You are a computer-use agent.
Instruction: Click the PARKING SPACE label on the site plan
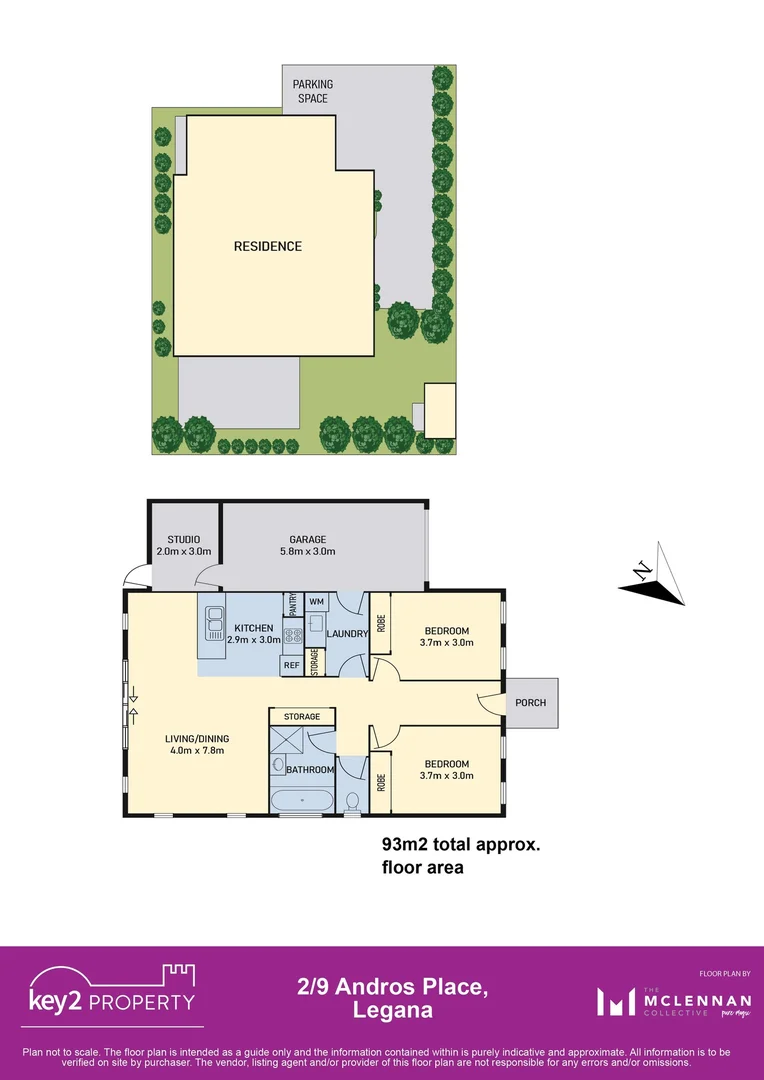[312, 91]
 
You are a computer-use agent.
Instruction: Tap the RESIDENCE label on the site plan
[267, 246]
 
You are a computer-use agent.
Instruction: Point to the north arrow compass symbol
[652, 576]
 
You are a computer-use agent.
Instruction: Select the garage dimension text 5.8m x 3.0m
[308, 551]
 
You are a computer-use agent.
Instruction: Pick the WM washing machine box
[316, 601]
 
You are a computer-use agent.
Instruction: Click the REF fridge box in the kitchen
[292, 664]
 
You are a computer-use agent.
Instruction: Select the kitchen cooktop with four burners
[294, 633]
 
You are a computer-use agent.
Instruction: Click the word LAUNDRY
[348, 633]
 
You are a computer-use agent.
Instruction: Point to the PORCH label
[531, 702]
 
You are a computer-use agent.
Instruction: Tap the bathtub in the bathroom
[301, 801]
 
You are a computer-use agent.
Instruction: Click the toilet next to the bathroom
[351, 803]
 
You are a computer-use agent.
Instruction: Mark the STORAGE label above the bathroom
[301, 716]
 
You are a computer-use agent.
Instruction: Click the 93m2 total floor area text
[461, 845]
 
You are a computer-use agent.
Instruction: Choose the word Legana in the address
[393, 1010]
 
